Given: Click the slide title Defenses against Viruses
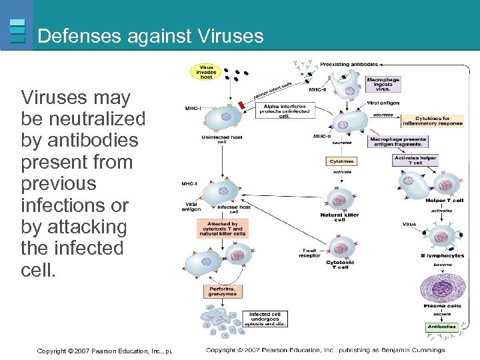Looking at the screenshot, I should tap(151, 36).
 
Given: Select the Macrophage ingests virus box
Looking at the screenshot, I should tap(383, 84).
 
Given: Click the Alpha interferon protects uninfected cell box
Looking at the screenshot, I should tap(285, 110).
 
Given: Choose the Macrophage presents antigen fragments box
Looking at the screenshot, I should tap(397, 141).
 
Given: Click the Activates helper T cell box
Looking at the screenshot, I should tap(415, 160).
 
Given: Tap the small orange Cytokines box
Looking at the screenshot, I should tap(341, 161).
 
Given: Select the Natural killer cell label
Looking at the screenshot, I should tap(340, 217).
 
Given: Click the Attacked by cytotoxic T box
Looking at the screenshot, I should tap(223, 229).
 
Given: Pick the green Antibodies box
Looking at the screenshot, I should tap(441, 327).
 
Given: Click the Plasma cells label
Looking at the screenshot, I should tap(442, 306).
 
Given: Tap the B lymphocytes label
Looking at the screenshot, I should tap(443, 255).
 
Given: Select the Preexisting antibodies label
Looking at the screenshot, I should tap(349, 65).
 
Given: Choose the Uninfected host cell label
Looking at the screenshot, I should tap(221, 139).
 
